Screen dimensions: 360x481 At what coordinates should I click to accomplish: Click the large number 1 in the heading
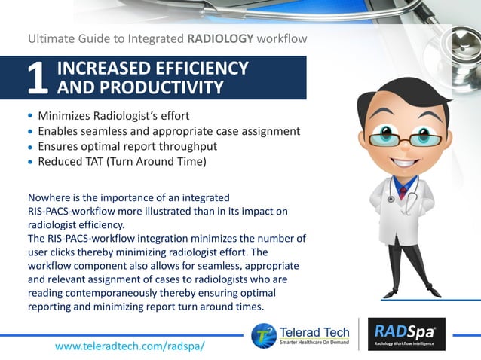point(38,78)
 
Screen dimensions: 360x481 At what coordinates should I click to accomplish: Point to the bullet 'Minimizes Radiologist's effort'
point(113,116)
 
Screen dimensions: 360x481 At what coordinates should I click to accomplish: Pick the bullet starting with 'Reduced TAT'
point(121,161)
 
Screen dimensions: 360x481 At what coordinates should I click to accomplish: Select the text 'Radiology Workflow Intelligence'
point(406,343)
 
